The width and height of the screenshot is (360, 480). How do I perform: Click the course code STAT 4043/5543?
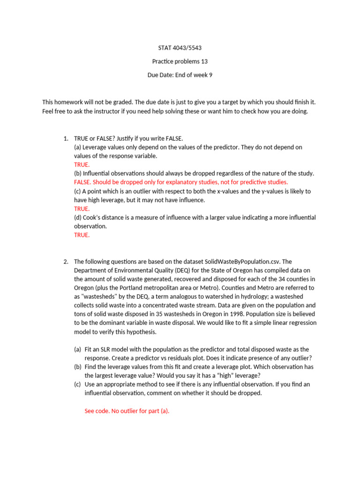tap(180, 48)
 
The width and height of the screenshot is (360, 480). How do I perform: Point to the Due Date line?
tap(180, 75)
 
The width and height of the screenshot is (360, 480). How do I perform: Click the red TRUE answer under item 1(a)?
tap(82, 165)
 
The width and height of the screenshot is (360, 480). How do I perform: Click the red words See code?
tap(97, 411)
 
